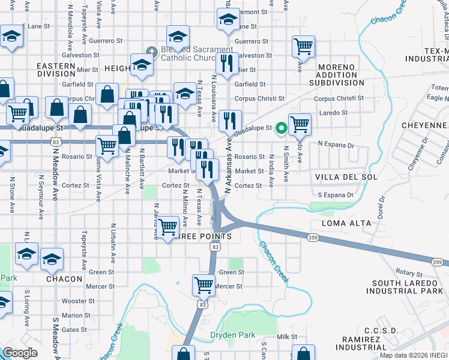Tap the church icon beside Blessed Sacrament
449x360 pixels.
[x=152, y=53]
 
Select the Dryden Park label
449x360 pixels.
[x=232, y=335]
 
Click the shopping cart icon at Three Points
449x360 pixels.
[x=168, y=226]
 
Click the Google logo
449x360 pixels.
[x=20, y=353]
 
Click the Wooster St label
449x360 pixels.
[x=75, y=301]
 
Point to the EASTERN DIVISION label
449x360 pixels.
[x=56, y=70]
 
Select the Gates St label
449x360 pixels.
[x=74, y=329]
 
